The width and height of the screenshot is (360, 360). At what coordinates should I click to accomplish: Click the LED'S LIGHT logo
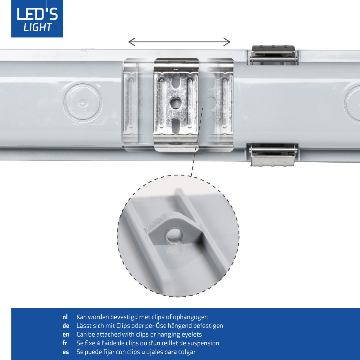(37, 19)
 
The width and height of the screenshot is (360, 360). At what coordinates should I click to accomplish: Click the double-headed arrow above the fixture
(179, 42)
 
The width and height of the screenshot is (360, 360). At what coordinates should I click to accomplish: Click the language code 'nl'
(65, 317)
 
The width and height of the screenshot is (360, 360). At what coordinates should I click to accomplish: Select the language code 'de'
(66, 326)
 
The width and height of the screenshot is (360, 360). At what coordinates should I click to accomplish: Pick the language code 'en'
(66, 334)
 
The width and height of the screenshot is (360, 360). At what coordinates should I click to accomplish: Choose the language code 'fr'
(64, 343)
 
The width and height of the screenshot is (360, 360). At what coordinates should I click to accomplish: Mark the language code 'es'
(65, 352)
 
